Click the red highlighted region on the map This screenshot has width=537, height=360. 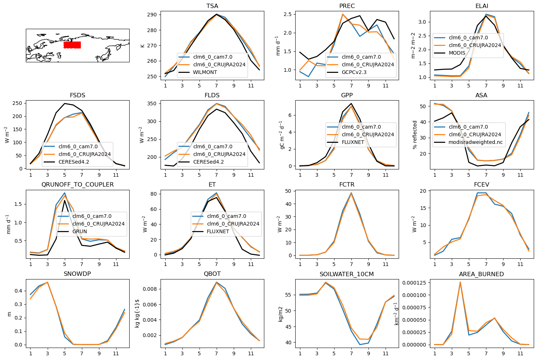(x=72, y=45)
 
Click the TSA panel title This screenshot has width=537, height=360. (x=212, y=6)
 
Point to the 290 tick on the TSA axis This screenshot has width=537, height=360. (x=152, y=15)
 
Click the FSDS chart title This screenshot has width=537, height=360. (x=78, y=95)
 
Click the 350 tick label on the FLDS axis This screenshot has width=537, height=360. (x=152, y=104)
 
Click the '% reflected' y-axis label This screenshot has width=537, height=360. (x=415, y=135)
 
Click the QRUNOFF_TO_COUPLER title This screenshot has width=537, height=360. (x=78, y=185)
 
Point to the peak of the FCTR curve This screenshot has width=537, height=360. (x=351, y=193)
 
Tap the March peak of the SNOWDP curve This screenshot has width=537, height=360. (x=47, y=282)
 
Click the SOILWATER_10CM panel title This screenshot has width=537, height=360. (x=347, y=274)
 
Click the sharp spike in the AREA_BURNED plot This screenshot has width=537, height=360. (x=460, y=282)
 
